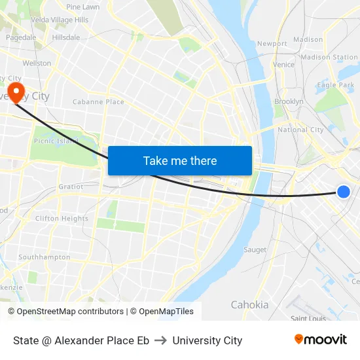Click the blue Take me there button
tap(180, 160)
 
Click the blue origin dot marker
tap(344, 191)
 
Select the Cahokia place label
tap(249, 304)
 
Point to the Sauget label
tap(255, 249)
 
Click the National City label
tap(300, 130)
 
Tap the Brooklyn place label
tap(289, 101)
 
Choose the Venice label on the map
tap(283, 65)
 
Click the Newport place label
tap(272, 44)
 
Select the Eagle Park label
tap(336, 85)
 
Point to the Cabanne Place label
tap(98, 102)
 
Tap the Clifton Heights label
tap(62, 219)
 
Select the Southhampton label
tap(45, 257)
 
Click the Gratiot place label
tap(71, 187)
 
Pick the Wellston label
tap(37, 63)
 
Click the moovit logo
tap(321, 339)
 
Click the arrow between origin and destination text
tap(161, 340)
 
